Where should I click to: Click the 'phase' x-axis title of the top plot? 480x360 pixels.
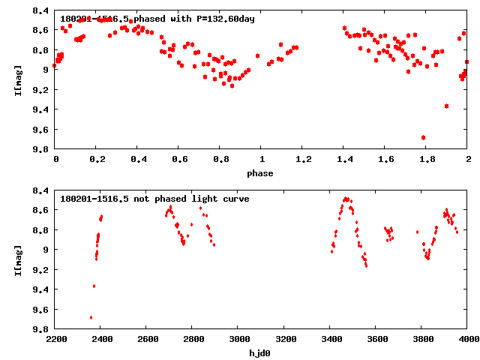(262, 173)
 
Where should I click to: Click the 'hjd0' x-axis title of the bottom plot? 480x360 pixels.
(262, 353)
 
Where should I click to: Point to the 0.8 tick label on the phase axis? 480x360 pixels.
(220, 160)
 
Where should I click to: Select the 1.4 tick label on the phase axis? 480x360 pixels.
(344, 160)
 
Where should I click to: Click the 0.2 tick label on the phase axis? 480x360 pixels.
(97, 160)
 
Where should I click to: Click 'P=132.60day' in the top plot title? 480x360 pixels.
(223, 19)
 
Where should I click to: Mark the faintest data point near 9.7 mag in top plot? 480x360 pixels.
(424, 138)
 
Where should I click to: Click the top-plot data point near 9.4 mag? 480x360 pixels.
(446, 106)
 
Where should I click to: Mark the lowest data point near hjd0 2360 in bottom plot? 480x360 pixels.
(91, 317)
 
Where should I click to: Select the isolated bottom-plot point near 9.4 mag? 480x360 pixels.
(94, 286)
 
